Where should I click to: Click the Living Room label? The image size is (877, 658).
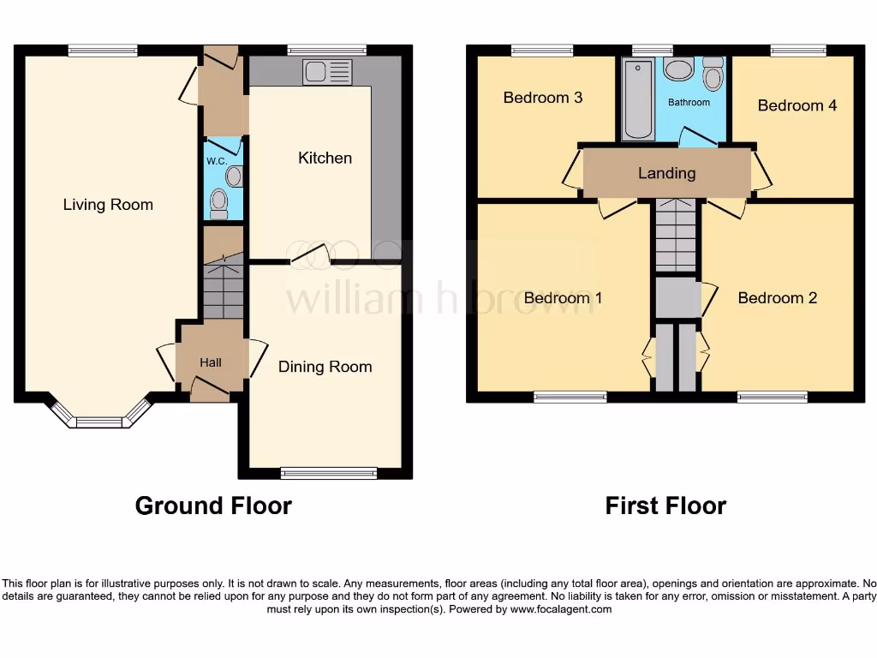[x=108, y=205]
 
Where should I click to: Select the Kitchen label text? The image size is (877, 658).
[x=325, y=158]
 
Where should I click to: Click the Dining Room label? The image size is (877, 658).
[x=325, y=367]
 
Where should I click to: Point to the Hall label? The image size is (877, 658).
[x=211, y=362]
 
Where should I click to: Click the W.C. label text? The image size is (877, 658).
[x=214, y=160]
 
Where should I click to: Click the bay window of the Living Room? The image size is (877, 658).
[x=100, y=418]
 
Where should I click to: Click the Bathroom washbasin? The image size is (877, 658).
[x=678, y=69]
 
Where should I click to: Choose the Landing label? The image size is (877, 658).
[x=666, y=173]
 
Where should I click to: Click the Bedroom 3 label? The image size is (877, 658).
[x=543, y=98]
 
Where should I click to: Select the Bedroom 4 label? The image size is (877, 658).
[x=796, y=105]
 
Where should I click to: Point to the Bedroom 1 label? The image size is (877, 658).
[x=563, y=298]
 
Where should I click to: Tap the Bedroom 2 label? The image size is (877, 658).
[x=777, y=298]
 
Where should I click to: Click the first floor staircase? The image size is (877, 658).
[x=677, y=236]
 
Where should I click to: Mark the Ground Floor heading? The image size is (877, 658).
[x=213, y=506]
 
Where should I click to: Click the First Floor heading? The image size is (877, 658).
[x=665, y=506]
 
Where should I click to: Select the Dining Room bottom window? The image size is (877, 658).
[x=329, y=473]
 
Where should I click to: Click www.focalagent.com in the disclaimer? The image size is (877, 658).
[x=561, y=610]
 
